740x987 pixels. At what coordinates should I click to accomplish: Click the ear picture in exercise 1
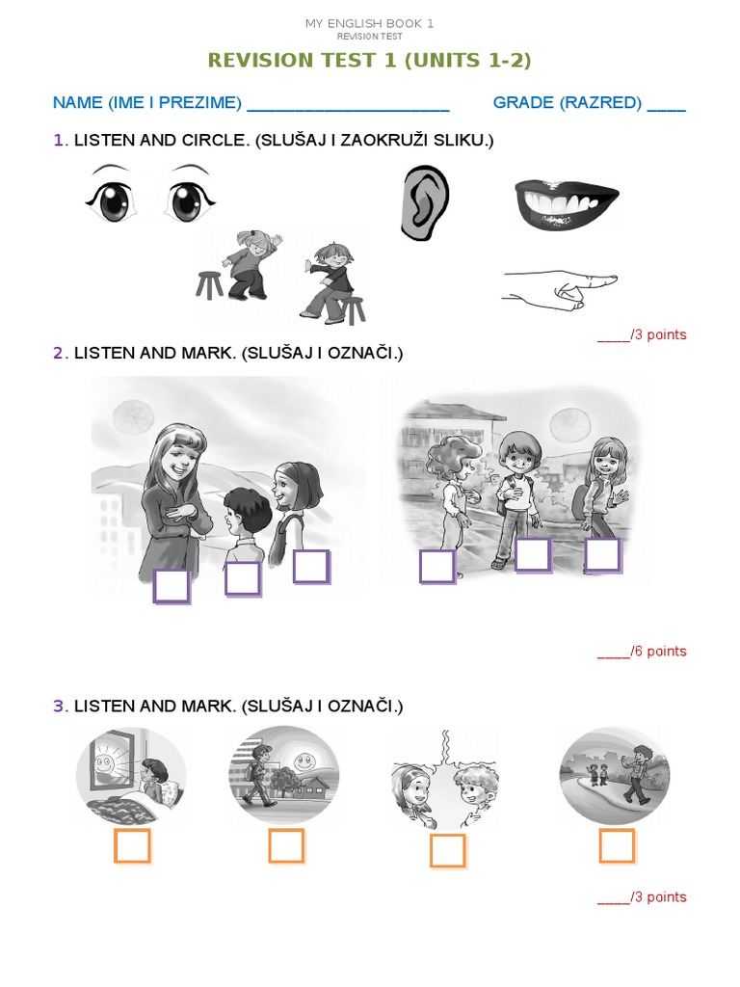tap(424, 202)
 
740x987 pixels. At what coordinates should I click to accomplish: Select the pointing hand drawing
tap(560, 287)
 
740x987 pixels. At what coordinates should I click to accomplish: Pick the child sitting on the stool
tap(330, 280)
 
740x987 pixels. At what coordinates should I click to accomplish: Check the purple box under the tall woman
tap(172, 586)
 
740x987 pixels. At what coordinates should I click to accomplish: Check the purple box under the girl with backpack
tap(311, 567)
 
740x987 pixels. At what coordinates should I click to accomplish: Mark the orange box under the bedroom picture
tap(132, 846)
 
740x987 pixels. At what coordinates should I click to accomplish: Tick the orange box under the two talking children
tap(447, 851)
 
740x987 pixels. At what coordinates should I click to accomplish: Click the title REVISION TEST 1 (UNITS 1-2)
tap(370, 61)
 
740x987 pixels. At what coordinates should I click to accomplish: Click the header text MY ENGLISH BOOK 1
tap(369, 23)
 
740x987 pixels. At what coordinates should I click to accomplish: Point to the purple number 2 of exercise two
tap(58, 354)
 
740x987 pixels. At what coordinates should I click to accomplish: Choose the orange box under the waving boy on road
tap(617, 846)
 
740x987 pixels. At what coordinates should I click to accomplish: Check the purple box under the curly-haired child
tap(436, 567)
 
